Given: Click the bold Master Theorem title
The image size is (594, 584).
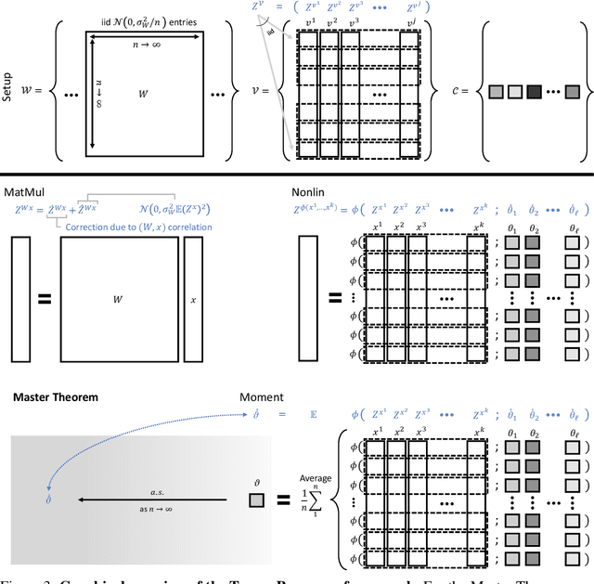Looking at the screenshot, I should pos(55,397).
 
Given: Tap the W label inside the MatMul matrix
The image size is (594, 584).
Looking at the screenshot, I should pos(117,300).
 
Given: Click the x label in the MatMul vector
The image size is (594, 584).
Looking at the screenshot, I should pos(194,300).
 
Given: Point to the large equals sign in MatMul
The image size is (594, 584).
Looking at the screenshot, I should pos(44,301).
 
